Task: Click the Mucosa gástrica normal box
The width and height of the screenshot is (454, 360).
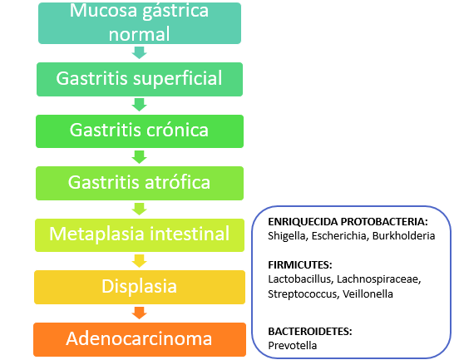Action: click(x=140, y=23)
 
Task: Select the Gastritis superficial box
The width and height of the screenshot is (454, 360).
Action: click(x=140, y=79)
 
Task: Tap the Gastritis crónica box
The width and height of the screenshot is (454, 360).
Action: click(x=140, y=131)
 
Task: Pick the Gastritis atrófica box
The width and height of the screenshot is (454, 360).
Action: click(x=140, y=184)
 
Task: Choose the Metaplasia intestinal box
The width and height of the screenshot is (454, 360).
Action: click(x=140, y=235)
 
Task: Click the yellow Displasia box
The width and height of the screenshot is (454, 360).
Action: click(x=140, y=287)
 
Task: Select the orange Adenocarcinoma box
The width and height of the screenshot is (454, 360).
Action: click(x=140, y=339)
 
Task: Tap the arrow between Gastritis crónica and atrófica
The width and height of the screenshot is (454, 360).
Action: click(x=139, y=157)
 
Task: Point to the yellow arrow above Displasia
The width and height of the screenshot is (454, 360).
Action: click(x=139, y=261)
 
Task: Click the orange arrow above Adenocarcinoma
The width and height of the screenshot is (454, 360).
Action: click(x=139, y=313)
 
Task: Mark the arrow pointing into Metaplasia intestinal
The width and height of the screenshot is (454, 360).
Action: click(x=139, y=210)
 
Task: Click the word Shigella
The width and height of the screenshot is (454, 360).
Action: click(x=287, y=236)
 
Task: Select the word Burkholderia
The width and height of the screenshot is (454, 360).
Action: click(x=403, y=236)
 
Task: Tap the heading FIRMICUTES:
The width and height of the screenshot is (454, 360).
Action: click(x=300, y=264)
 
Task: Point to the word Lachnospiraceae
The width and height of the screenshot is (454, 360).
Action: click(x=378, y=279)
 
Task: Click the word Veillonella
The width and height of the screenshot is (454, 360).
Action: click(x=368, y=294)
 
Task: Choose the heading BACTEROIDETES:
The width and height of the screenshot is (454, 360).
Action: click(x=310, y=331)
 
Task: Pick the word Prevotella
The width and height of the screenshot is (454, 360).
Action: click(x=292, y=346)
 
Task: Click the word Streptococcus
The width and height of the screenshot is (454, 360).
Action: click(x=303, y=294)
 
